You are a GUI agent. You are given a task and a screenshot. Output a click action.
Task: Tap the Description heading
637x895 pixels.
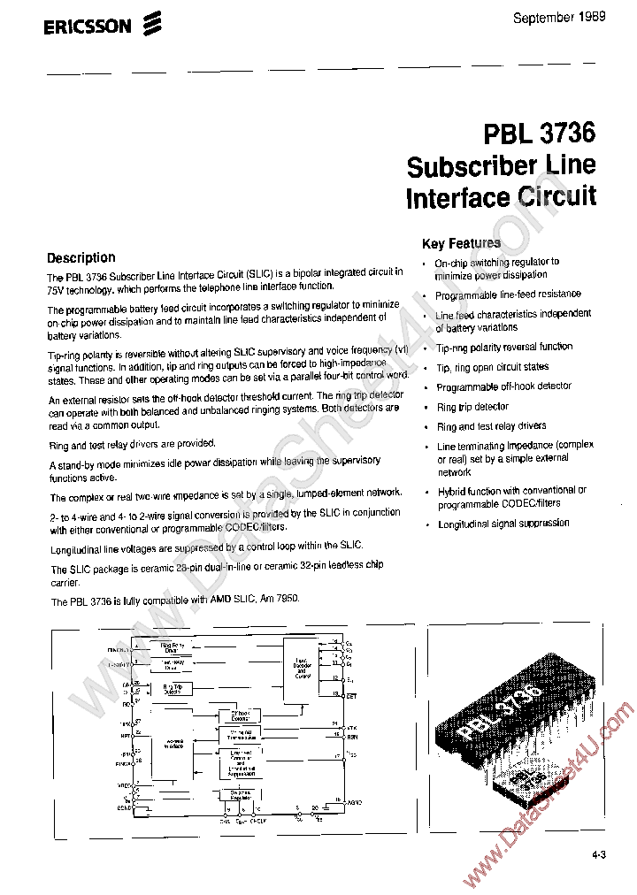coord(81,257)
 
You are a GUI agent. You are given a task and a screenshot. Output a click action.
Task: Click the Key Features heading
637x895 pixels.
coord(461,243)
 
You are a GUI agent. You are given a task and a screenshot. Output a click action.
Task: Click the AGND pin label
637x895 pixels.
coord(354,802)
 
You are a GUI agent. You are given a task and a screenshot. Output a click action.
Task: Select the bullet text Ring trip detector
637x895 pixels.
coord(472,407)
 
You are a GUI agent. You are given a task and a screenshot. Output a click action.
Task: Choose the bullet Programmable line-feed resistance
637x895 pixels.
coord(508,295)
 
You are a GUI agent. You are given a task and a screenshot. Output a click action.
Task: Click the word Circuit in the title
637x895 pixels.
coord(556,195)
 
